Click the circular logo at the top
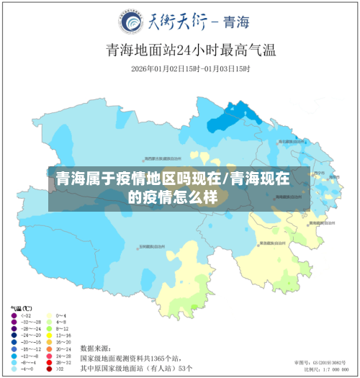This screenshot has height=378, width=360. point(132,22)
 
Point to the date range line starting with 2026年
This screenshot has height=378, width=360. point(191,69)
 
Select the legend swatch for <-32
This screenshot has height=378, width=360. point(14,315)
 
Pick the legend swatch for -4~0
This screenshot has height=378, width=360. point(14,369)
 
